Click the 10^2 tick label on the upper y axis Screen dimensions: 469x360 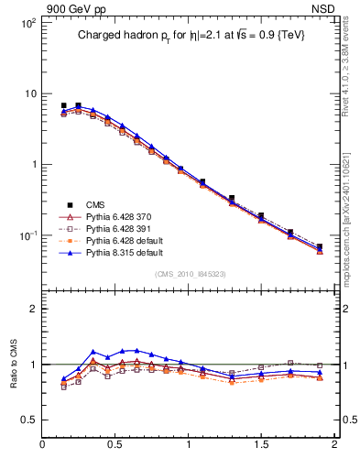click(x=27, y=23)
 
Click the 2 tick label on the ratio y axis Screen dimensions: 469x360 click(x=32, y=309)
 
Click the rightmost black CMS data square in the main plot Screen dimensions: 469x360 click(x=319, y=246)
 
